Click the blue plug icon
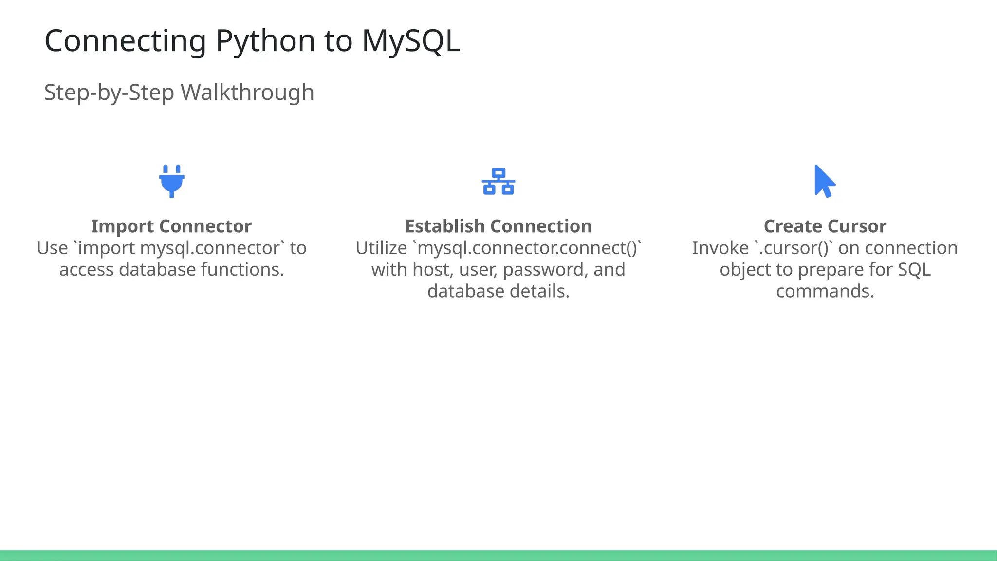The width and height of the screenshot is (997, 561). pos(171,181)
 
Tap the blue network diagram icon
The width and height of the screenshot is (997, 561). pos(498,182)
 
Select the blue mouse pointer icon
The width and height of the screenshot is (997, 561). pos(824,181)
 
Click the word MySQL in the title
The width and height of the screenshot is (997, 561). pos(411,41)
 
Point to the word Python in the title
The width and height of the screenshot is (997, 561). pos(265,41)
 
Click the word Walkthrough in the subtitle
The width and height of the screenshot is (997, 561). pos(247,93)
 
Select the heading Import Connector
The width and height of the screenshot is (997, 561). pos(171,226)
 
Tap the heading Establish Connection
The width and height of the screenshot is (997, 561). pos(498,226)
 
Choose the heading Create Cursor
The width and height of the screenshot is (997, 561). pos(825,226)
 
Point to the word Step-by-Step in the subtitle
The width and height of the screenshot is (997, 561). pos(109,93)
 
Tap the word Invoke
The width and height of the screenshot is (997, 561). pos(720,248)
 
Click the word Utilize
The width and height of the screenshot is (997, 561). pos(381,248)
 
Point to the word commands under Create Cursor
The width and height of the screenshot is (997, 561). pos(825,291)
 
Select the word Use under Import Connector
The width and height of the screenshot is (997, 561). pos(52,248)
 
